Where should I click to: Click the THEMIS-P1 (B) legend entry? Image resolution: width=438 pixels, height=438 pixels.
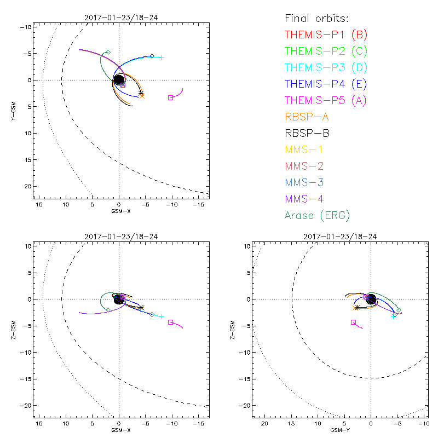[x=326, y=35]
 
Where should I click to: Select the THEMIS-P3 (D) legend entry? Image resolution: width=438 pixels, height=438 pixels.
[x=326, y=68]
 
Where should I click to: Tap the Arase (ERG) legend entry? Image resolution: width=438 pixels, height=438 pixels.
[x=317, y=215]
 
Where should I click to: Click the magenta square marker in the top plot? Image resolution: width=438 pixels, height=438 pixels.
[x=170, y=97]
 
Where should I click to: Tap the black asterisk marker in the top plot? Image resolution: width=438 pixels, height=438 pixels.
[x=141, y=93]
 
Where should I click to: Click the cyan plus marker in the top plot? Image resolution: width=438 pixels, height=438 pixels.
[x=162, y=57]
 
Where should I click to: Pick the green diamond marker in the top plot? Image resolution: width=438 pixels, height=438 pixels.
[x=108, y=52]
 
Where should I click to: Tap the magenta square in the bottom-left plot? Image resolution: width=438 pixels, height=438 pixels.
[x=170, y=322]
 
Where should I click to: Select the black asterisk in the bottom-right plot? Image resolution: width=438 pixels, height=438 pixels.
[x=357, y=307]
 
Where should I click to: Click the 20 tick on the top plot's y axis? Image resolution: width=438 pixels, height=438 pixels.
[x=27, y=186]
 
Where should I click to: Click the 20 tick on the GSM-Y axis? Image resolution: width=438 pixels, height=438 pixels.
[x=265, y=424]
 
